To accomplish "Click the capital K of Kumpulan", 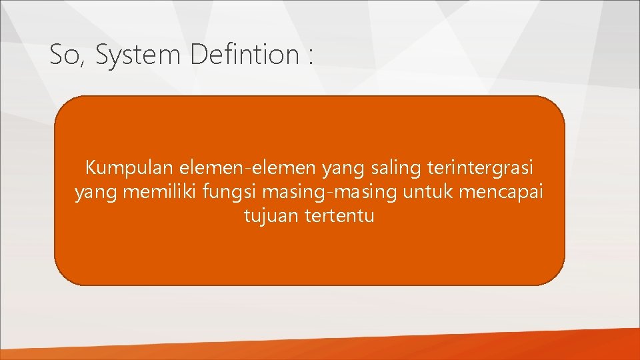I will click(90, 169).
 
